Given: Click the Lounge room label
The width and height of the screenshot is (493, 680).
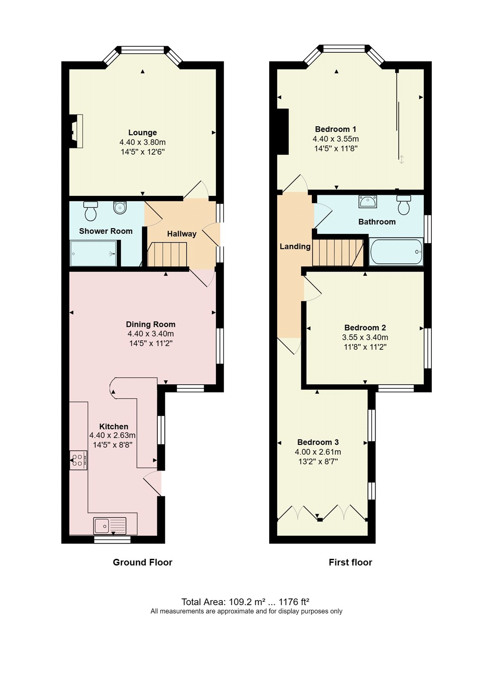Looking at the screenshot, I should click(142, 133).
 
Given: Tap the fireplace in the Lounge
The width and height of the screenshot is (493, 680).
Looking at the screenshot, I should click(75, 131).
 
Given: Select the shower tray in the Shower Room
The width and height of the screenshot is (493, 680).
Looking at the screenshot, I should click(93, 254).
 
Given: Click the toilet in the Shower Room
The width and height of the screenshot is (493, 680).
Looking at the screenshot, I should click(91, 211).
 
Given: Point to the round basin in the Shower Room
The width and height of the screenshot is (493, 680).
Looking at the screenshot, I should click(120, 208).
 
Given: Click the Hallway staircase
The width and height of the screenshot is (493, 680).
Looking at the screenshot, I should click(167, 254).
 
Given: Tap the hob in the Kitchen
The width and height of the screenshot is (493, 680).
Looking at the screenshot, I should click(79, 460).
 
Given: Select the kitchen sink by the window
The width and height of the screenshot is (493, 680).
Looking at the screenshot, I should click(110, 526).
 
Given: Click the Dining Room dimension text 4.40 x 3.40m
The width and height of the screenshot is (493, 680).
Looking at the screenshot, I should click(151, 334).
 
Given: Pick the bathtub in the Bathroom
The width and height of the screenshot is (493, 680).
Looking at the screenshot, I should click(396, 252).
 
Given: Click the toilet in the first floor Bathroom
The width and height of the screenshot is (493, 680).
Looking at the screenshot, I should click(403, 205).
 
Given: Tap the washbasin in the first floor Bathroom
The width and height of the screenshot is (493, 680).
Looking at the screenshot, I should click(368, 201).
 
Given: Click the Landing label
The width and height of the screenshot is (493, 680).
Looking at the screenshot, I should click(295, 246).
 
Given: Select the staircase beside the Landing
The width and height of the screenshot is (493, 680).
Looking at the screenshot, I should click(338, 252).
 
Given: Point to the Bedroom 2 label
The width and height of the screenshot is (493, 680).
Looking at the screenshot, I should click(365, 328).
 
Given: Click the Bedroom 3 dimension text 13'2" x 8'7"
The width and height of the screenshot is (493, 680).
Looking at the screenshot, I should click(318, 462).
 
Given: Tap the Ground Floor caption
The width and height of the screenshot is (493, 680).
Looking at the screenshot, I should click(142, 562).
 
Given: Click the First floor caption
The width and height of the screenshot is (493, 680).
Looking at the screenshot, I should click(350, 562).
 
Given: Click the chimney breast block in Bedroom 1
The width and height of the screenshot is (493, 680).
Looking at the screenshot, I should click(283, 132).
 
